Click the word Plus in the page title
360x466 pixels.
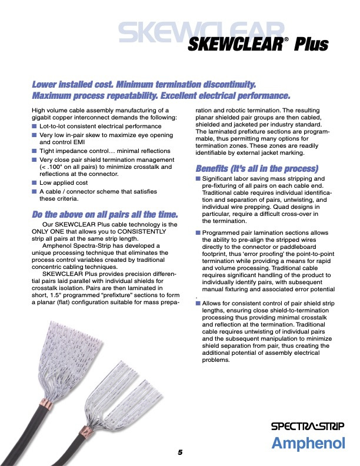312,45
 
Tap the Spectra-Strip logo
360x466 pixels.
308,426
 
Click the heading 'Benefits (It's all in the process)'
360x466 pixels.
256,167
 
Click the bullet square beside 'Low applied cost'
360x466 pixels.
35,183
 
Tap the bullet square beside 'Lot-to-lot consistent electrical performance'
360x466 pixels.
35,126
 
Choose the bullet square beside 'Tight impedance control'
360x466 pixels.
35,151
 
